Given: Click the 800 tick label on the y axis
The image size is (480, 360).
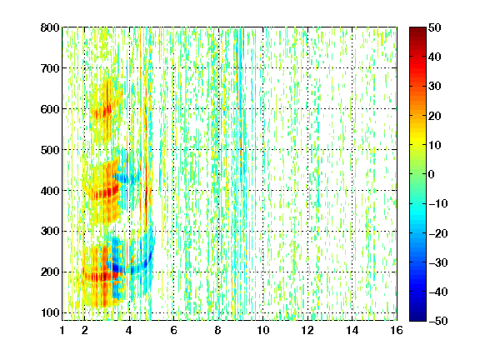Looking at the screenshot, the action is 50,27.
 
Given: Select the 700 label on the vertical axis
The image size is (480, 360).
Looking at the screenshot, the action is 50,68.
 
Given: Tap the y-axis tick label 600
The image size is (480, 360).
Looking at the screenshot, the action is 50,109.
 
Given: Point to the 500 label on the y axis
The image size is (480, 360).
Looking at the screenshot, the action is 50,150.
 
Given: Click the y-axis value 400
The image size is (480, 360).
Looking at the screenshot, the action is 50,191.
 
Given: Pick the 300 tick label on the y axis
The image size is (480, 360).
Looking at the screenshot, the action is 50,231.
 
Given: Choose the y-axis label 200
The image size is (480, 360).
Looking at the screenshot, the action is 50,272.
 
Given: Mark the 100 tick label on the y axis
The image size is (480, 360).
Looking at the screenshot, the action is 50,312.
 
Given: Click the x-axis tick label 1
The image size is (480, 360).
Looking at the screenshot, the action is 62,330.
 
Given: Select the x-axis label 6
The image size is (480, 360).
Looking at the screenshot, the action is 173,330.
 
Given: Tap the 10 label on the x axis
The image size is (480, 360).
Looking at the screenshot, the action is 263,330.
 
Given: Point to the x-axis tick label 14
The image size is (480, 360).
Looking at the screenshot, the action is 352,330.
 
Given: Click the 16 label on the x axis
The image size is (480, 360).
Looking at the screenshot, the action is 397,330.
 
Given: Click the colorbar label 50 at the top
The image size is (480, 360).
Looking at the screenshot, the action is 434,27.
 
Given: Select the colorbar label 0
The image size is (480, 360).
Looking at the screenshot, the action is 432,174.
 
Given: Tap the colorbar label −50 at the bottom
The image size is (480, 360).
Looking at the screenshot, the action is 437,321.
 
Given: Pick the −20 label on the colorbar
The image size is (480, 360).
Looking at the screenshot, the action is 437,233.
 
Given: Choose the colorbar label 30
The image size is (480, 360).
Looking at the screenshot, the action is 434,87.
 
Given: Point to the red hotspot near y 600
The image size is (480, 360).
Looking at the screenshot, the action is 107,111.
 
